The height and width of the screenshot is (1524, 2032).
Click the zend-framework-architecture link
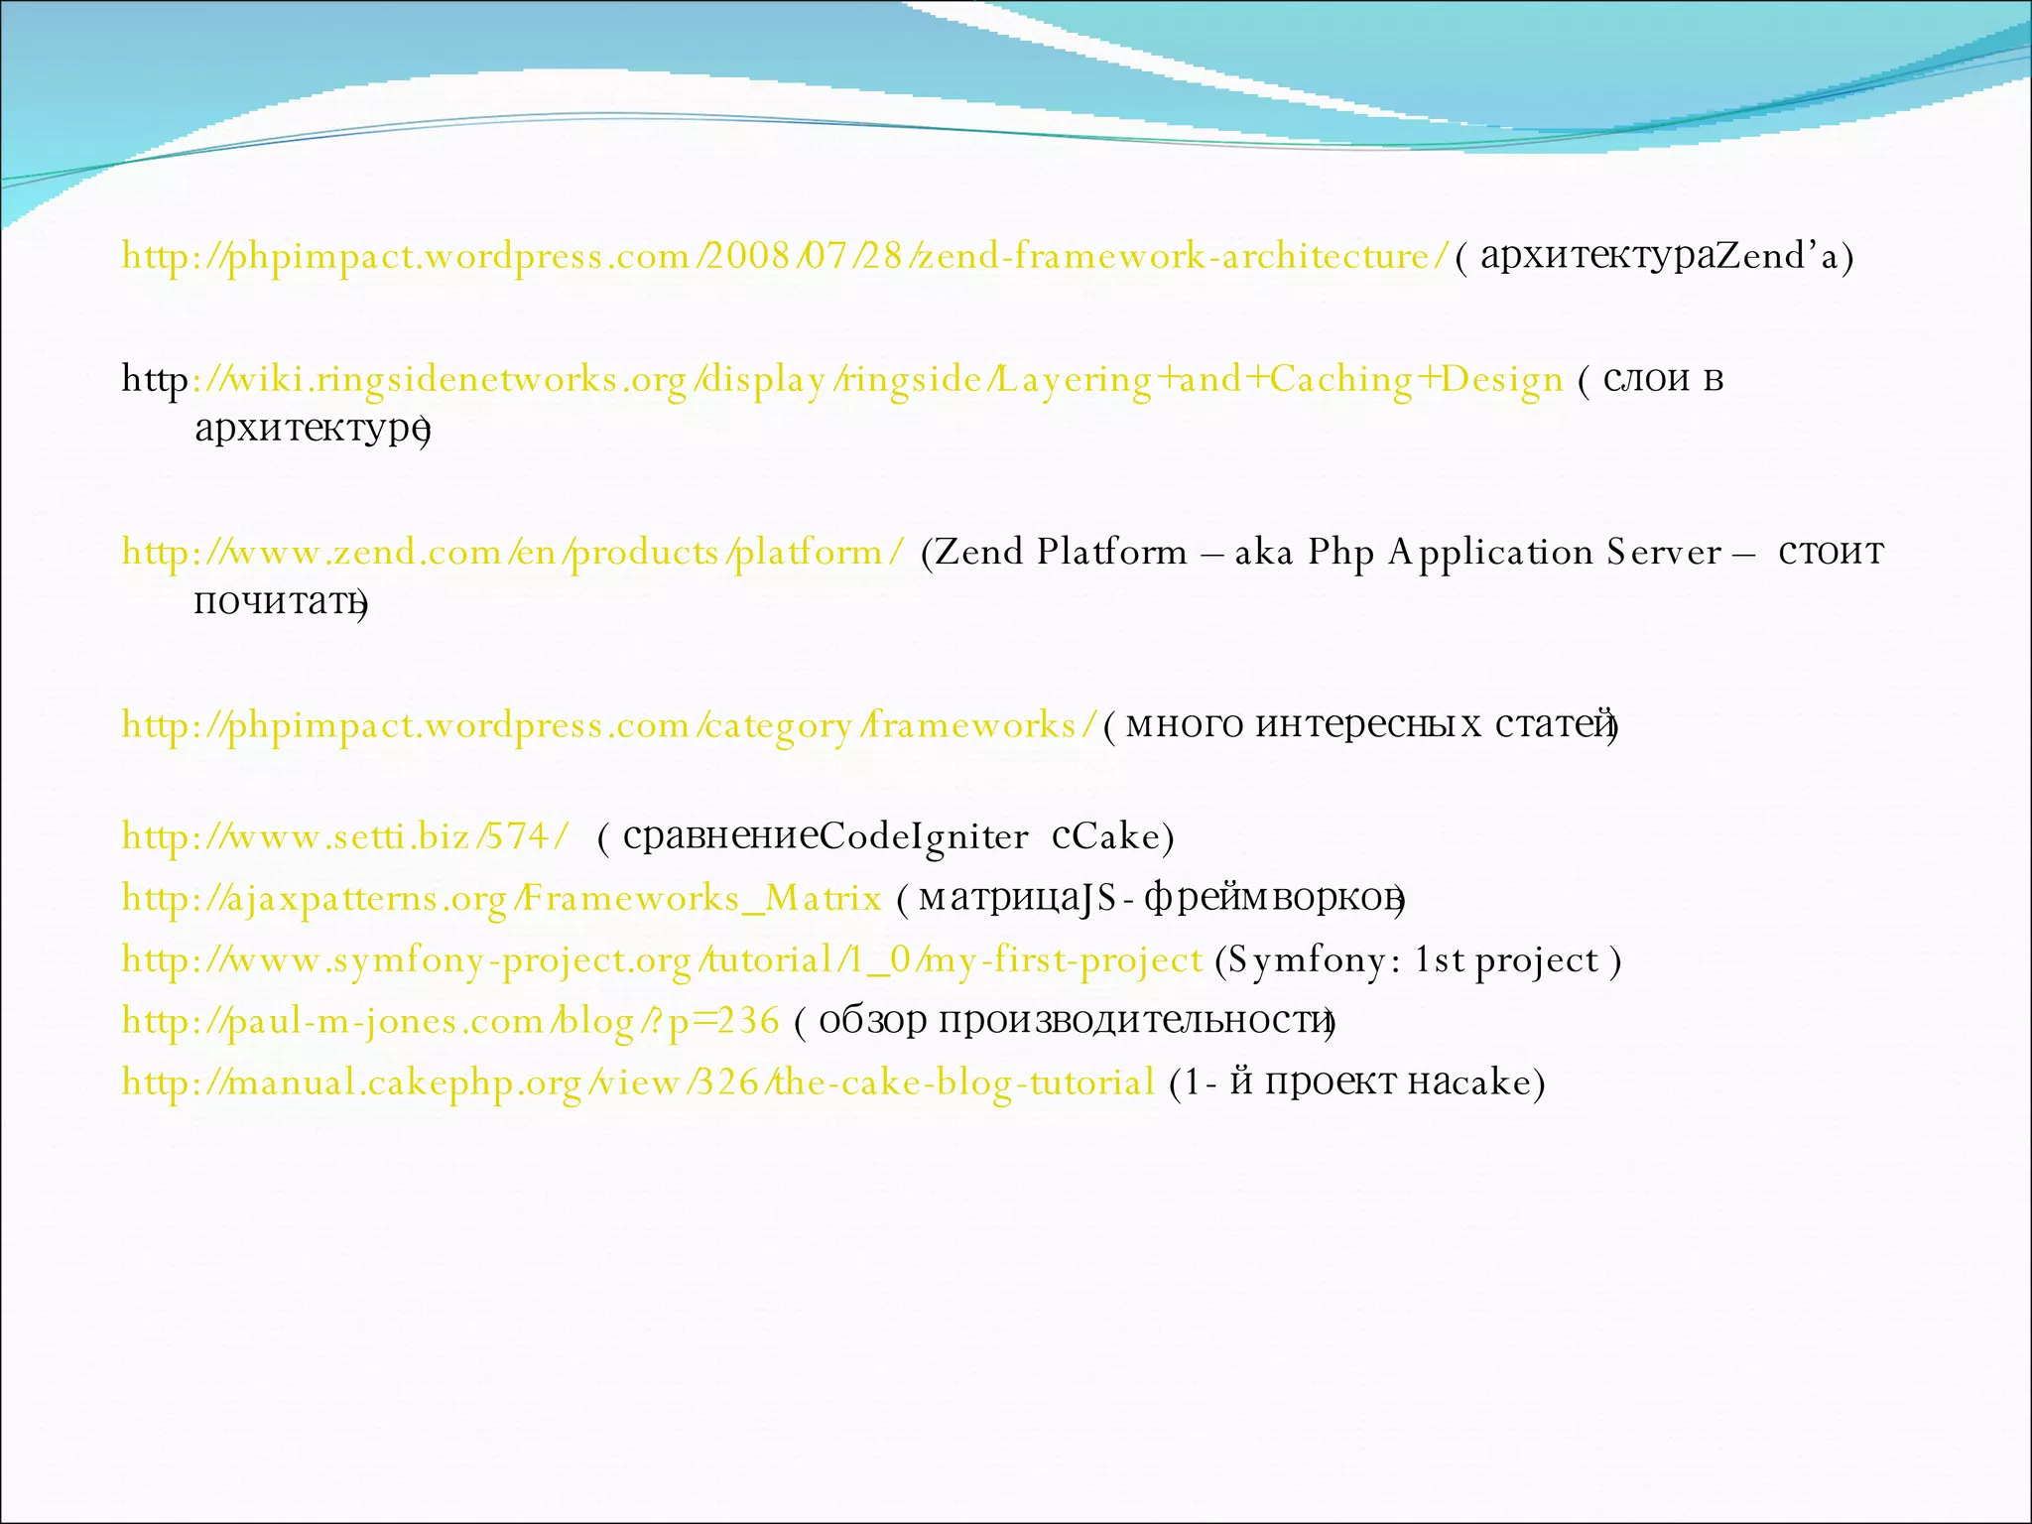tap(784, 257)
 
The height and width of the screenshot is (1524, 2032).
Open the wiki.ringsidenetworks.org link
tap(873, 380)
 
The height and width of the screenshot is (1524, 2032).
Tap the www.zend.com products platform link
tap(512, 553)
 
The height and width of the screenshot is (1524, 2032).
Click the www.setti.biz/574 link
tap(345, 837)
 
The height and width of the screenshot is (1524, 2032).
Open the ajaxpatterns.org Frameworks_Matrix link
tap(501, 899)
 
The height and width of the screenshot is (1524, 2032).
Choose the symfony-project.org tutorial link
tap(662, 960)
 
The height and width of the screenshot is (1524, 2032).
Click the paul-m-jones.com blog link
tap(450, 1021)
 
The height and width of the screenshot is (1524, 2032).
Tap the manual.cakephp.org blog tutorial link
tap(638, 1082)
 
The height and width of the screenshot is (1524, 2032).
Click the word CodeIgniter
tap(924, 837)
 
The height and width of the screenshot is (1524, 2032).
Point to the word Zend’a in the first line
tap(1777, 257)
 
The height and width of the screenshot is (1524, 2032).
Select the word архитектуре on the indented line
tap(310, 429)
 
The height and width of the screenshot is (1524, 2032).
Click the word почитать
tap(278, 602)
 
